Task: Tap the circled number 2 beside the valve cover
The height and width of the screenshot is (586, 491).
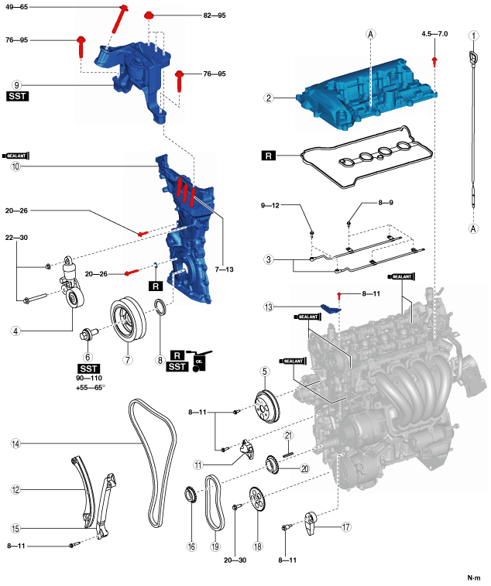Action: click(269, 98)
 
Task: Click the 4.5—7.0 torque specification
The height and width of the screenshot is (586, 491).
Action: click(435, 34)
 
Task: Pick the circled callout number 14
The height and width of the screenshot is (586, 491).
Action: click(15, 444)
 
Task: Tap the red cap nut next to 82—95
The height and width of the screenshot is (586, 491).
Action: click(150, 14)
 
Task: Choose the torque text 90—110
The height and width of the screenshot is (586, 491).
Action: click(90, 379)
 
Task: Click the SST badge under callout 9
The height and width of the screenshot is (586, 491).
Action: click(17, 98)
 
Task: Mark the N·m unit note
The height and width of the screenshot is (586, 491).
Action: click(473, 577)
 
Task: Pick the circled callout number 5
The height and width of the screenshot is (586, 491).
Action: click(264, 372)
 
